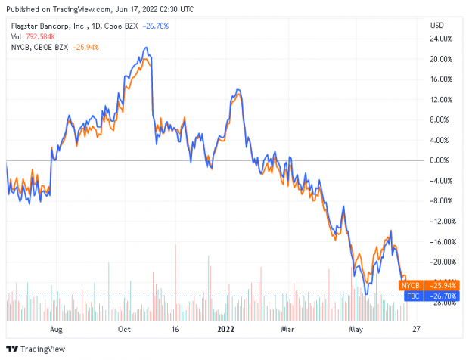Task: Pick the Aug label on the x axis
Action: (54, 330)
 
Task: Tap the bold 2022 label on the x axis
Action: (225, 330)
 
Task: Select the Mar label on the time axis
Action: (287, 330)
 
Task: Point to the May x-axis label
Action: (354, 330)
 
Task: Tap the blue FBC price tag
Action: (412, 296)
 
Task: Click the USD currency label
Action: (436, 26)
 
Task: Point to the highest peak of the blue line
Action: (145, 48)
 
